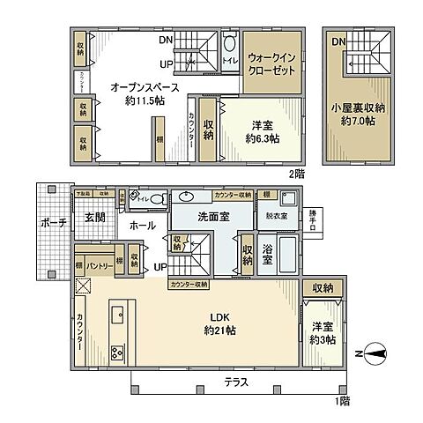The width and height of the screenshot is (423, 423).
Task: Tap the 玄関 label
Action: pyautogui.click(x=96, y=217)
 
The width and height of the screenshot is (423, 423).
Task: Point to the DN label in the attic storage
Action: pyautogui.click(x=338, y=41)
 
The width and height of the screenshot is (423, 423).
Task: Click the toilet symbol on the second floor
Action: pyautogui.click(x=229, y=48)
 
